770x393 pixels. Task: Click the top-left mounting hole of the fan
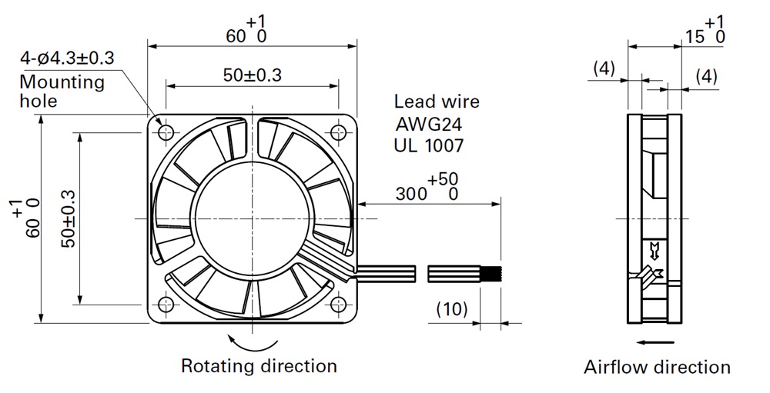pos(166,132)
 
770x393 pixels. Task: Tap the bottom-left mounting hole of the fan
pos(166,305)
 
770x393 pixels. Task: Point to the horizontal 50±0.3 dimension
pos(252,75)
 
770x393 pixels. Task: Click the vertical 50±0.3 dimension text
pos(69,218)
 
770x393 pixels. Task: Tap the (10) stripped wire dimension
pos(452,310)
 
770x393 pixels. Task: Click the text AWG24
pos(429,123)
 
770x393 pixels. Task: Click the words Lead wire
pos(437,102)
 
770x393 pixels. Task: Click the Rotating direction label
pos(259,366)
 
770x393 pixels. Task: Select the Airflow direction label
pos(657,367)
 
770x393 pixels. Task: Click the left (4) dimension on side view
pos(604,68)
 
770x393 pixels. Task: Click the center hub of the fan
pos(252,219)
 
